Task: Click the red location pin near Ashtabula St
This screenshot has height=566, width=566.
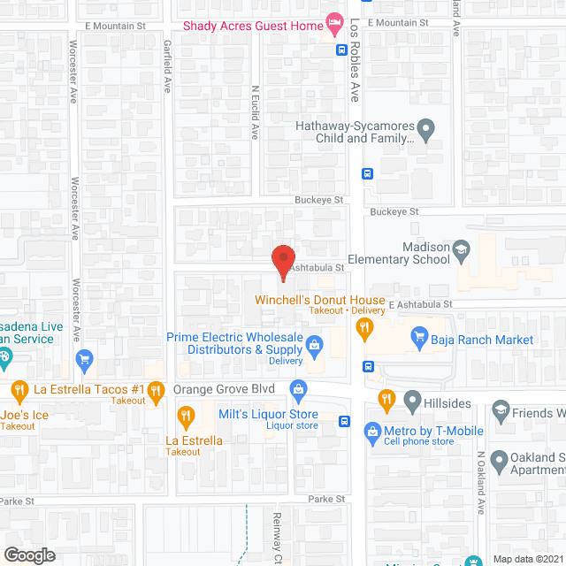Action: [x=282, y=261]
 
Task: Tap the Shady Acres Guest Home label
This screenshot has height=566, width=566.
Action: [x=252, y=25]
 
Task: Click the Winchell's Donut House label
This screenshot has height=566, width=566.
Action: [x=320, y=300]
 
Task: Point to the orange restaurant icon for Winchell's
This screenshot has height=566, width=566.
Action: [x=363, y=328]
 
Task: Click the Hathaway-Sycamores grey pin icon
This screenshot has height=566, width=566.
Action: [x=426, y=133]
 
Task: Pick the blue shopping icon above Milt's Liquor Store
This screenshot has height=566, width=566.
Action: [x=299, y=387]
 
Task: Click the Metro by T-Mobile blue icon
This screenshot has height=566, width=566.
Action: [x=371, y=430]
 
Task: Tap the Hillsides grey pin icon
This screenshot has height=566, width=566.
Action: [x=411, y=400]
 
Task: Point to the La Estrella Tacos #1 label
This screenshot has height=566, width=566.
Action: [x=88, y=389]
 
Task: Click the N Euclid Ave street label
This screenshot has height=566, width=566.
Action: [x=255, y=112]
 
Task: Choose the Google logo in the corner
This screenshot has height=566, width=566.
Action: [x=28, y=555]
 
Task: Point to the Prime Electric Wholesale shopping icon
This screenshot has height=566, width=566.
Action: [x=313, y=341]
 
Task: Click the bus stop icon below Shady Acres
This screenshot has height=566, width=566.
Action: [x=341, y=50]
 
